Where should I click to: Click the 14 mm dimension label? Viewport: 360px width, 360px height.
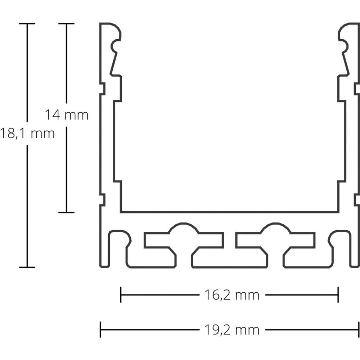[67, 115]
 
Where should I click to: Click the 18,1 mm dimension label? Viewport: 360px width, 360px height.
[27, 134]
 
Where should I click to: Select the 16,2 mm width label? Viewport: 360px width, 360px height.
[232, 295]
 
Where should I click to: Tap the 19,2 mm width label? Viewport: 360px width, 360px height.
[232, 329]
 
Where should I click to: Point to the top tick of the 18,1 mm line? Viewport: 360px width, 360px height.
[27, 24]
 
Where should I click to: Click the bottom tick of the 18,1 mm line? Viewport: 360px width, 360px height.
[27, 267]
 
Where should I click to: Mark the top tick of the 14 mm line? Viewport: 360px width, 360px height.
[66, 24]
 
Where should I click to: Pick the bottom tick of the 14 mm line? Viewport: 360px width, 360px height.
[66, 212]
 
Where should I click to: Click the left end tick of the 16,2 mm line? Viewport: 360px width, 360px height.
[121, 295]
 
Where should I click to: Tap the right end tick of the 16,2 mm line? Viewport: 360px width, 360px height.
[338, 295]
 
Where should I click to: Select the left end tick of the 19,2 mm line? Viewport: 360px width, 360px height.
[100, 329]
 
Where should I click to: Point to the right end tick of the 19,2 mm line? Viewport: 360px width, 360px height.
[359, 329]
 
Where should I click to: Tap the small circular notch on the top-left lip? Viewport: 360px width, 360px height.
[115, 46]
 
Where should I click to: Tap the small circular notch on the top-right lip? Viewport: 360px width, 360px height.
[344, 46]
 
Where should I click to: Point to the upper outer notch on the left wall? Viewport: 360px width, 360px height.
[102, 88]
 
